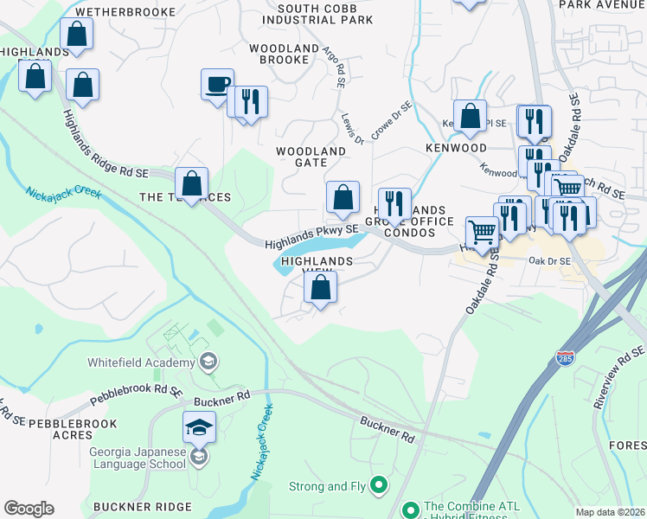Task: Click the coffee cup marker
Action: tap(217, 85)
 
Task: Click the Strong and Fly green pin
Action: tap(378, 485)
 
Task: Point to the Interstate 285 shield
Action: tap(564, 382)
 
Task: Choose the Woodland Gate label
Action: tap(311, 157)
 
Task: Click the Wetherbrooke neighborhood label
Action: tap(125, 12)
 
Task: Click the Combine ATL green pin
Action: tap(410, 509)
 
